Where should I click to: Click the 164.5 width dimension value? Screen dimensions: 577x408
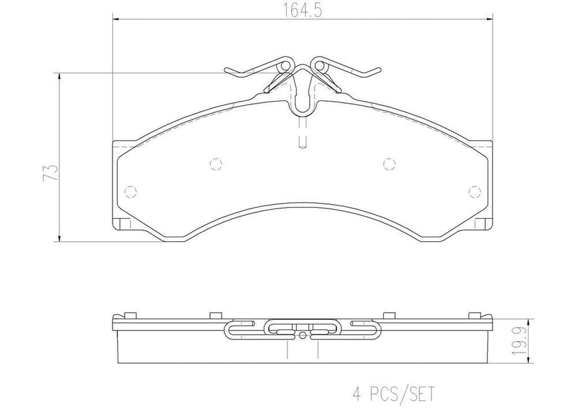[x=302, y=10]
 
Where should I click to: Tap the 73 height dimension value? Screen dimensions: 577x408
[x=51, y=172]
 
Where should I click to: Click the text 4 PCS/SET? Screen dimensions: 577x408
[x=393, y=393]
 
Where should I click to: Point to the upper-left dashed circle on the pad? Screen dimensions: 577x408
[x=215, y=163]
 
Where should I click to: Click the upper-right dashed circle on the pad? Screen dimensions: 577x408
[x=390, y=163]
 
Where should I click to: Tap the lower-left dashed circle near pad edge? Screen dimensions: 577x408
[x=131, y=191]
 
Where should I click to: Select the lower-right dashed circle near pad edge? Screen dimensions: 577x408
[x=474, y=191]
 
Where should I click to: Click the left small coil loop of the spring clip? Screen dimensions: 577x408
[x=285, y=66]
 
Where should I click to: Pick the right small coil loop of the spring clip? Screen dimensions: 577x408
[x=321, y=66]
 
